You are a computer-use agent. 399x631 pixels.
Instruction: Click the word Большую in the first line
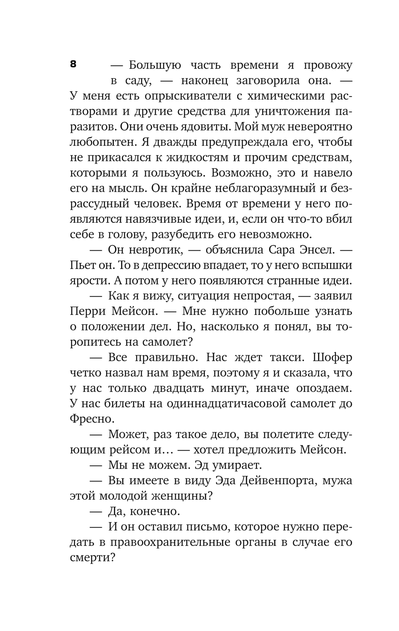coord(155,65)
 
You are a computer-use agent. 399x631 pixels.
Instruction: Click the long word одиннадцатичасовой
coord(229,403)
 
